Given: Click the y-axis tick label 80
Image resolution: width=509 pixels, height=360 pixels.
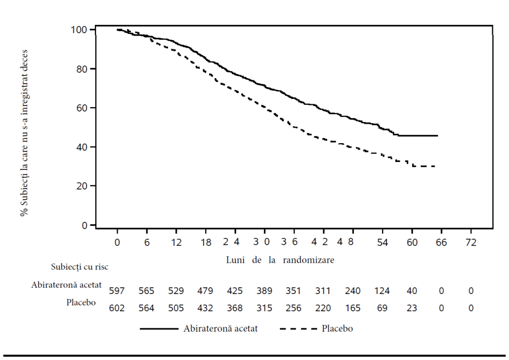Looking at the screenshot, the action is coord(82,69).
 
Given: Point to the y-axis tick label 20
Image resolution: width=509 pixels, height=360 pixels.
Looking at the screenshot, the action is coord(82,186).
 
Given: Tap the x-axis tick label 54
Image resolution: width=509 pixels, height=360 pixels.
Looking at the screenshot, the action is coord(383,242).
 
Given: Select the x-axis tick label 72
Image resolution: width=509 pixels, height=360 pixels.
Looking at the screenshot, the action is coord(471,242).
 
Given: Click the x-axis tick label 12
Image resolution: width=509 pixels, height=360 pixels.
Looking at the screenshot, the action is coord(176,242).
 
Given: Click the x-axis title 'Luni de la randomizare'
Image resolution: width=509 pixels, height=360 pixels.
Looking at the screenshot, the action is coord(280,260).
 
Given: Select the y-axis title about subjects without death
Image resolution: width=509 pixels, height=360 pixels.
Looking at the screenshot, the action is coord(24,133).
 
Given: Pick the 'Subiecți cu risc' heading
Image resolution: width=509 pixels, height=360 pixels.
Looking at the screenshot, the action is coord(79,267).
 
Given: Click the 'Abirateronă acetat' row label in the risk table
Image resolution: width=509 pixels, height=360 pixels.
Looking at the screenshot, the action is coord(66,285).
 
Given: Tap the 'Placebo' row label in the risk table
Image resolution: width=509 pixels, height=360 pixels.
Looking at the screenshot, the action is coord(81,302).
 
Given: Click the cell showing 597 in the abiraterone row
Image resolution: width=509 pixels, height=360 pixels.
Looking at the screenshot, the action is coord(116,291).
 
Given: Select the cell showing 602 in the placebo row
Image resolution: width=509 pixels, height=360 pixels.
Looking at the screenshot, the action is coord(116,308).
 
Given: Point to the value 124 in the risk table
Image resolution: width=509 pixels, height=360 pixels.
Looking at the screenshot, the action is coord(381,291).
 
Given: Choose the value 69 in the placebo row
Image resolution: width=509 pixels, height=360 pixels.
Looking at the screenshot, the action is coord(382,308).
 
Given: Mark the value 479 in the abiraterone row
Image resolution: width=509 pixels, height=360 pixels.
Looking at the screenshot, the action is coord(205,291).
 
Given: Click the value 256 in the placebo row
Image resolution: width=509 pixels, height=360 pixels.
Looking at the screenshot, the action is coord(293,308).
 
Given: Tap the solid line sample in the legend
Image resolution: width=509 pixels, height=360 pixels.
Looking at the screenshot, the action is coord(159,329).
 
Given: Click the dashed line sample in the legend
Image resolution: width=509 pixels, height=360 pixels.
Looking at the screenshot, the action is coord(298,329).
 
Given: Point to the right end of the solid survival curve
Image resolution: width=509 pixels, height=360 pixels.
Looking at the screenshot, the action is coord(437,136).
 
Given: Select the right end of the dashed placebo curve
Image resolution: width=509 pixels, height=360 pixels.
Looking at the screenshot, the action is coord(435,166).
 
